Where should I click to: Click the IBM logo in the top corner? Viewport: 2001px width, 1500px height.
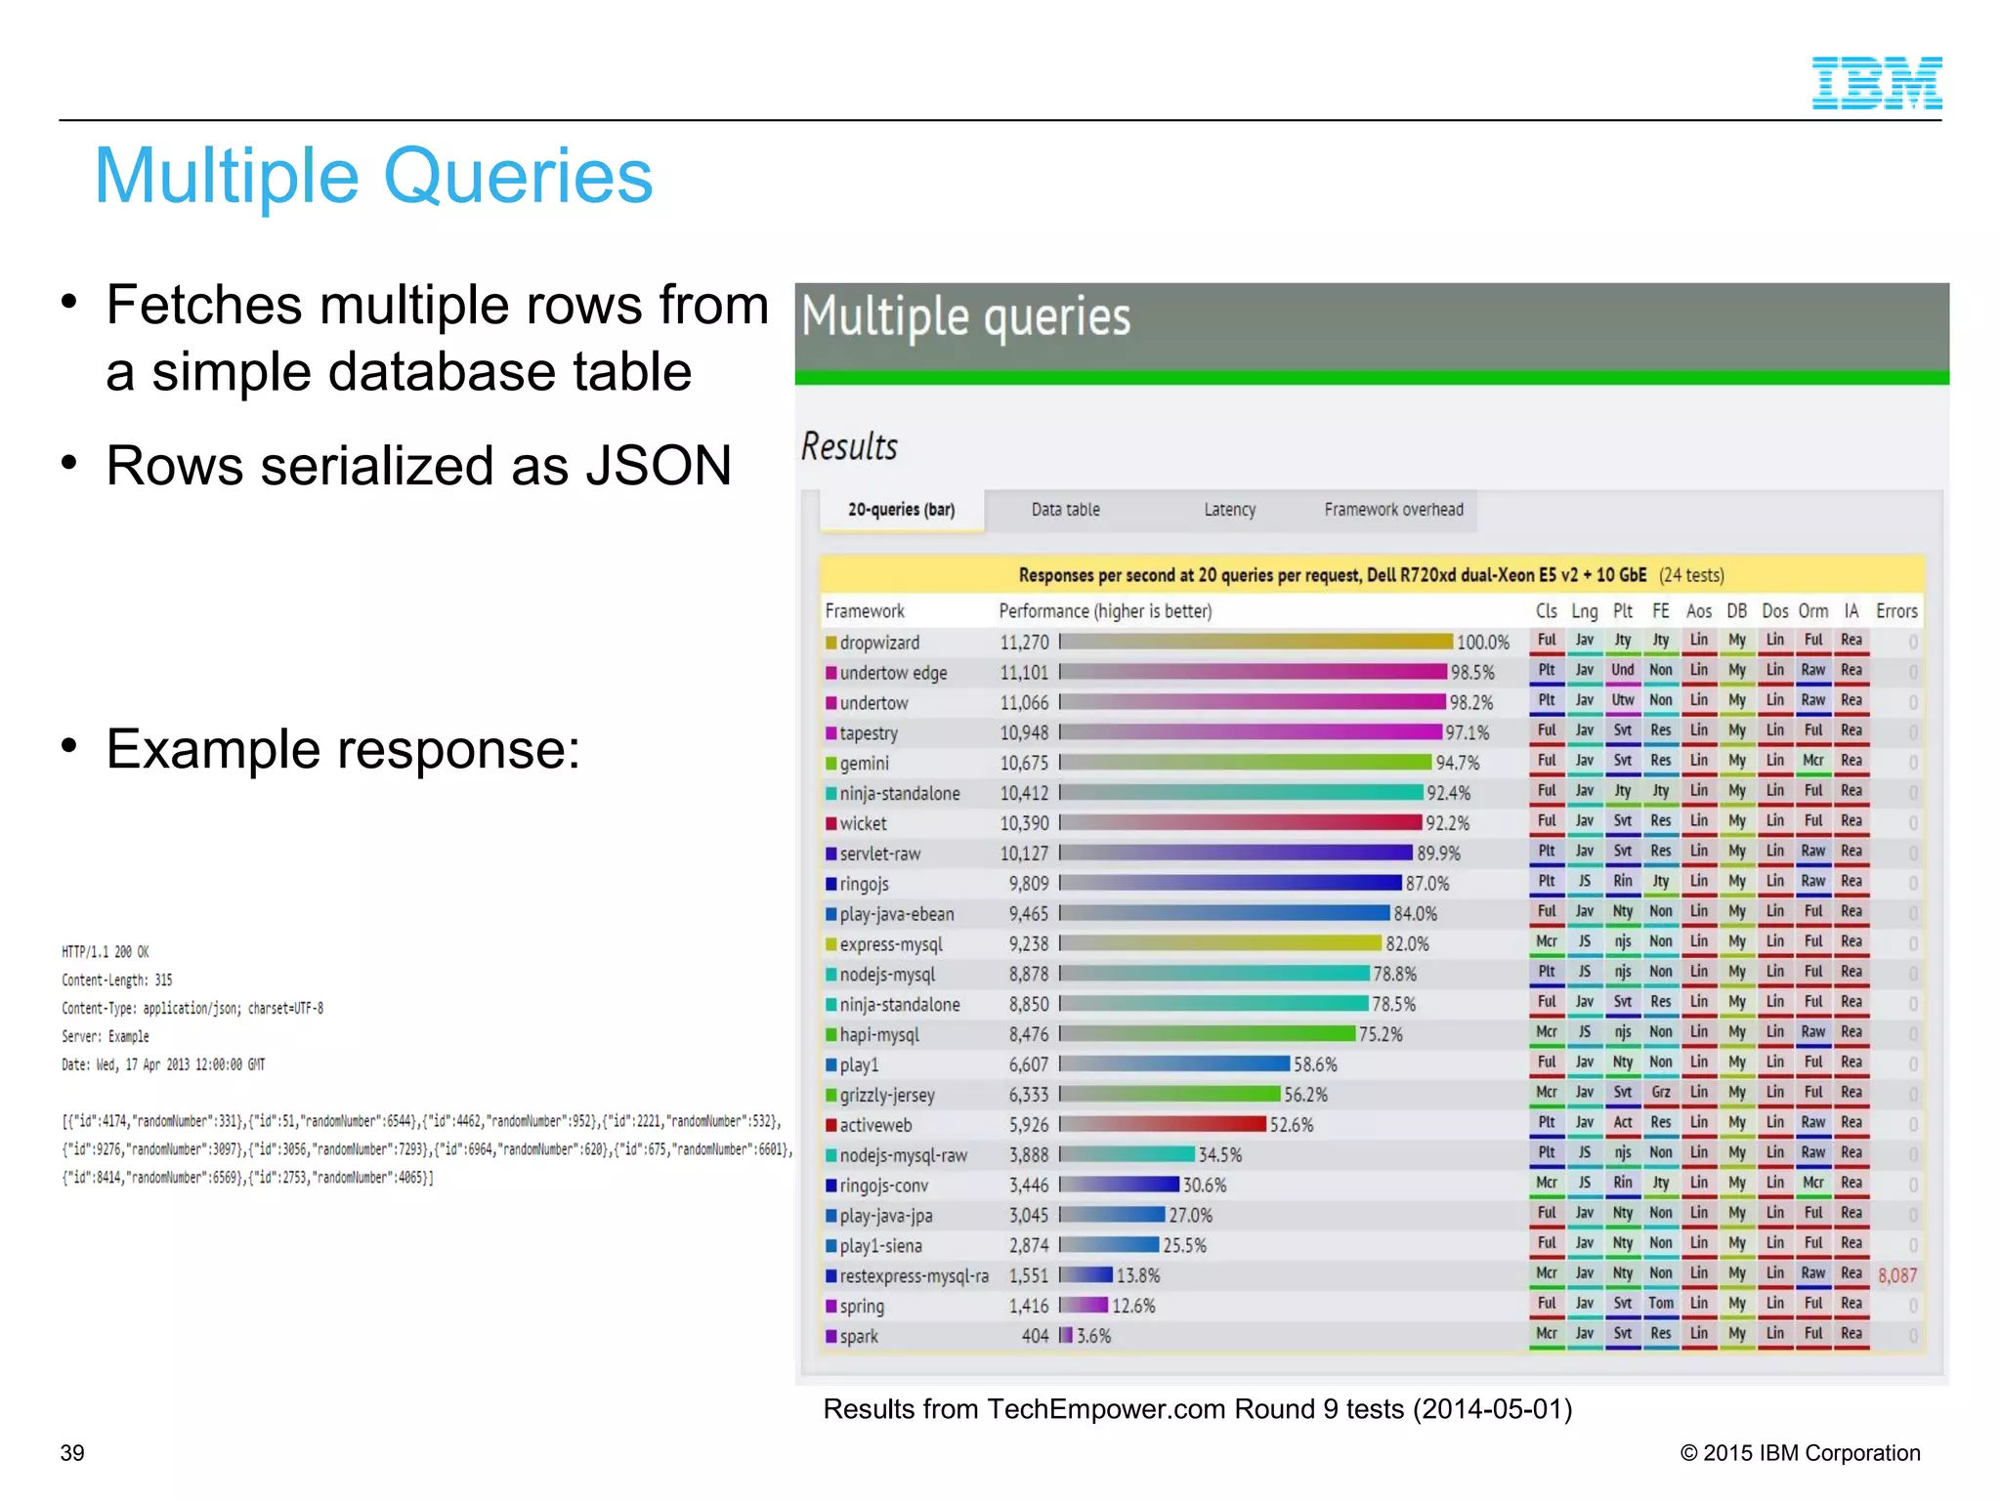click(1876, 83)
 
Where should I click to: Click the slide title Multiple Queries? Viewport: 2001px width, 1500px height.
click(373, 176)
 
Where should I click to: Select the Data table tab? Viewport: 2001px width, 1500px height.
click(1065, 510)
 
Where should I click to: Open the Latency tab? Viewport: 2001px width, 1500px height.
click(1229, 510)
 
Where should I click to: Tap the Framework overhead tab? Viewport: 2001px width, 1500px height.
click(1393, 510)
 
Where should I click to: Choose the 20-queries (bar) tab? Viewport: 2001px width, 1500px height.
click(901, 510)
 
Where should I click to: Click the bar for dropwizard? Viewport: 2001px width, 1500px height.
click(1256, 642)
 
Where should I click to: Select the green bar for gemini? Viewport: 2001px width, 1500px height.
click(1246, 763)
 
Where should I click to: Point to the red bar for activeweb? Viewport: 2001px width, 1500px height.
click(1163, 1125)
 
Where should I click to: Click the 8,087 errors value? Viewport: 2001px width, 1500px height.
click(1896, 1275)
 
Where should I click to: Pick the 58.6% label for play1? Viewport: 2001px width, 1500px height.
click(1315, 1064)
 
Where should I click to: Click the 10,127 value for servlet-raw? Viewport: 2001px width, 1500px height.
click(1023, 854)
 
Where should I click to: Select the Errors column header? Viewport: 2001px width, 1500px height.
click(1896, 611)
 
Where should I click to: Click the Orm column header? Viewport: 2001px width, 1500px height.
click(1813, 611)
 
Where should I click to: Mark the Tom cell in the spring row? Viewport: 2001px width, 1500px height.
click(1660, 1304)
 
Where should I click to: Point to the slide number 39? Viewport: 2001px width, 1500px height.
click(72, 1453)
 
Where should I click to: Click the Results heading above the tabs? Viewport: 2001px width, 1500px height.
click(849, 447)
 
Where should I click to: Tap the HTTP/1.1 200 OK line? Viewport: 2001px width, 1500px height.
click(106, 951)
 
